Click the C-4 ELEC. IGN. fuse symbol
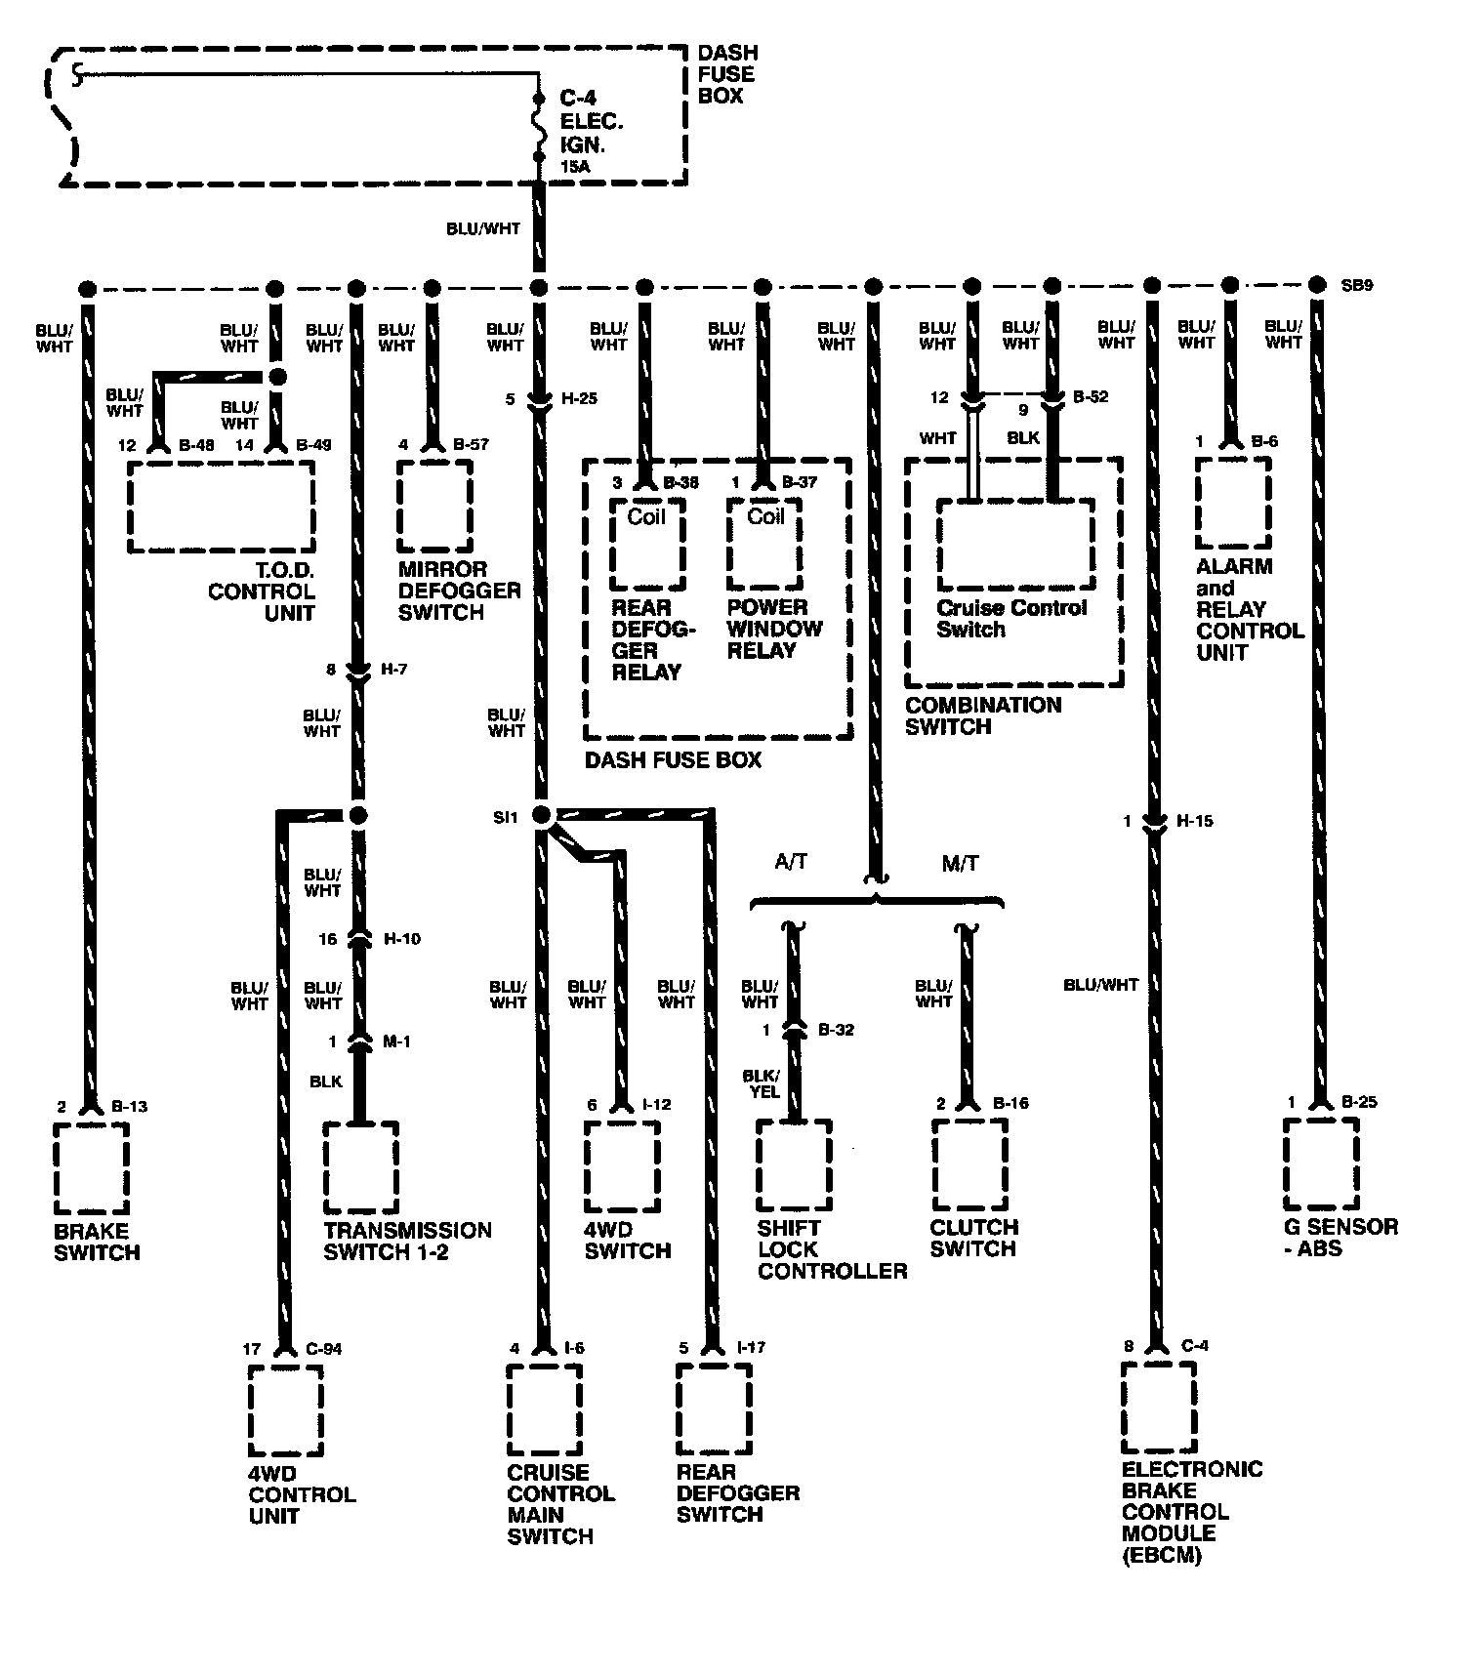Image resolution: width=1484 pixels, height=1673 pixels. [537, 128]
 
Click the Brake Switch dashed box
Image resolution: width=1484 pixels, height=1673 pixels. [92, 1167]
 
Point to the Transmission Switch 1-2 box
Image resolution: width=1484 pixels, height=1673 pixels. [361, 1167]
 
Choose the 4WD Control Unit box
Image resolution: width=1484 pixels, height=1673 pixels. [285, 1410]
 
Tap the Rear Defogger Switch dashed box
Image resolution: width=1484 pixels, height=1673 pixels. [714, 1408]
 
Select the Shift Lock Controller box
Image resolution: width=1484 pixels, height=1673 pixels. [794, 1165]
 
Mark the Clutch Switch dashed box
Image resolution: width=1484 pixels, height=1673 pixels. [969, 1164]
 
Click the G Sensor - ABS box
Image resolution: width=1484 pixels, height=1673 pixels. [1320, 1163]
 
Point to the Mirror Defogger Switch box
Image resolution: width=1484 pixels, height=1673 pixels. [434, 506]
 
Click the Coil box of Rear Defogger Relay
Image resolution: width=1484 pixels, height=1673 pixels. [646, 543]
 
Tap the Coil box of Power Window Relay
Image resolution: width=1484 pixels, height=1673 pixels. [765, 543]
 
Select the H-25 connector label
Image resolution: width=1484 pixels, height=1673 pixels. [579, 398]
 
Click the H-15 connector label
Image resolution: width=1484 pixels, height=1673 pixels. [1194, 821]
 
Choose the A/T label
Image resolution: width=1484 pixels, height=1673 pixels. [791, 863]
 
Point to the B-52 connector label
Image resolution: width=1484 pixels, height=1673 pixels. [1091, 397]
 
